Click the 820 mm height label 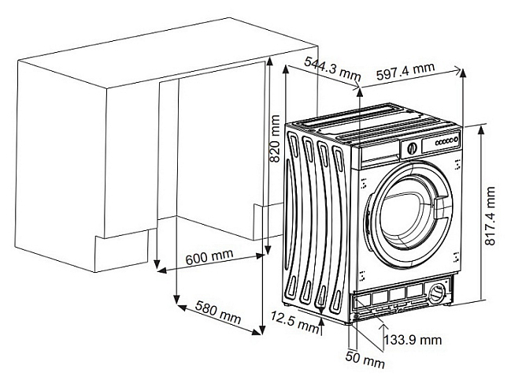click(x=275, y=138)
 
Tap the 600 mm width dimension click(x=209, y=256)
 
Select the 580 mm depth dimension click(x=218, y=312)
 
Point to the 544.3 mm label click(x=332, y=69)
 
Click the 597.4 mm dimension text click(x=405, y=71)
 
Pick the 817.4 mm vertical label click(x=490, y=216)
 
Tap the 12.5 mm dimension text click(x=295, y=322)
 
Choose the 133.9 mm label click(x=413, y=341)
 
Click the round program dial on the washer click(x=413, y=148)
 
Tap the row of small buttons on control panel click(x=446, y=141)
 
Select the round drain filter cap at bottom click(x=436, y=293)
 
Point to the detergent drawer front click(x=380, y=155)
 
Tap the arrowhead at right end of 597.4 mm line click(x=458, y=70)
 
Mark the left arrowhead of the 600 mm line click(x=162, y=270)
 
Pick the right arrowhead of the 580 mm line click(x=257, y=331)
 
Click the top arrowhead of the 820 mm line click(x=269, y=62)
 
